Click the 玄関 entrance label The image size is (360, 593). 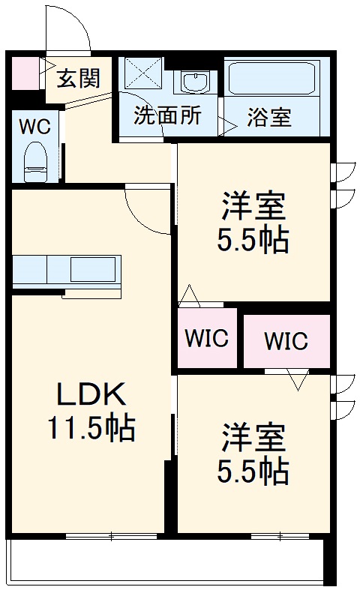[x=78, y=78]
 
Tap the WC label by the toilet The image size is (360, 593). [x=34, y=126]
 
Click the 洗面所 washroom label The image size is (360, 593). [x=167, y=116]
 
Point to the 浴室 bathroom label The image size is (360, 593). [x=269, y=118]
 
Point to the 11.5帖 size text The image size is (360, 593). [x=92, y=428]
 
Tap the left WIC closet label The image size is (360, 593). [x=207, y=338]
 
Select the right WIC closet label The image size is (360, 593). [x=286, y=342]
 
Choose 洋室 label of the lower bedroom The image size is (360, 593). [x=253, y=436]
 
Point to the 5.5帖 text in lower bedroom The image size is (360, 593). [x=253, y=471]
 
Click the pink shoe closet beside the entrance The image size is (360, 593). [x=25, y=73]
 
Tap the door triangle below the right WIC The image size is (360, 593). [x=298, y=380]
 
